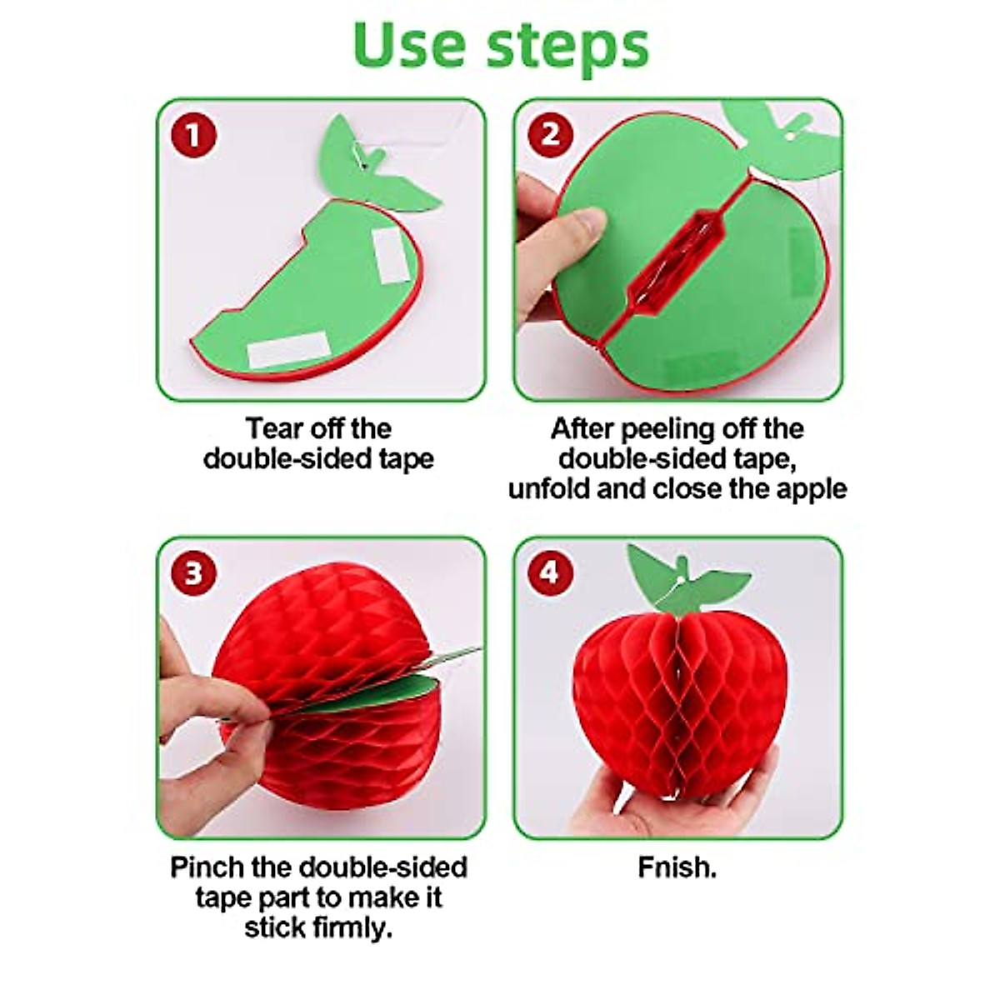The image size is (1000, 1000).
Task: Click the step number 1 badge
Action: point(193,135)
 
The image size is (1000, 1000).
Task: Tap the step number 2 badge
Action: point(550,135)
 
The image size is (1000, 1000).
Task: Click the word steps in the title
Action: point(567,47)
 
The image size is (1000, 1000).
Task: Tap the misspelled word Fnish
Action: point(677,867)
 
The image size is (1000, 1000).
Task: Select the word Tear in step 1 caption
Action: point(274,429)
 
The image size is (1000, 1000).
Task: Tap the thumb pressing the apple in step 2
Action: point(575,229)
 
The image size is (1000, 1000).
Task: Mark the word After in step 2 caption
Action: point(582,429)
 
